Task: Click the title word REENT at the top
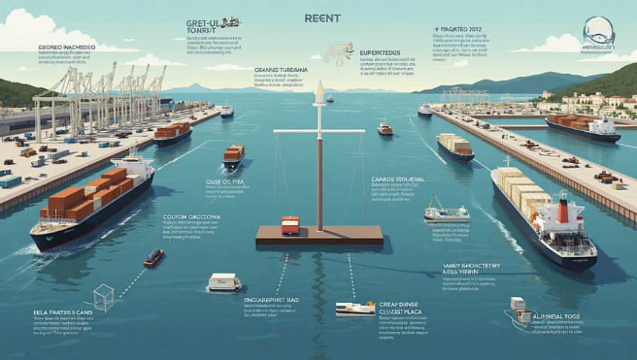click(x=321, y=18)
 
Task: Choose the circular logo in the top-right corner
click(x=598, y=31)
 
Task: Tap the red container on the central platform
click(x=290, y=224)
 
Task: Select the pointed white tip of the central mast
click(x=319, y=90)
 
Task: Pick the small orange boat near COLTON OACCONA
click(x=154, y=257)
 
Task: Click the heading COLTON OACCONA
click(x=192, y=219)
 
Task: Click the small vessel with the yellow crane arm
click(x=445, y=213)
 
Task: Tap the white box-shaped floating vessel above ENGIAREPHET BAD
click(x=224, y=281)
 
